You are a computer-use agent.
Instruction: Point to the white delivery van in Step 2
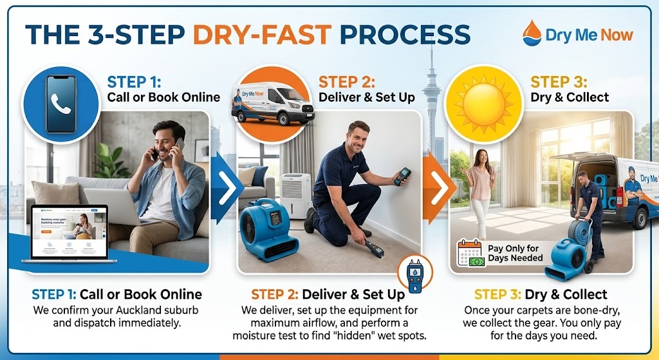[273, 104]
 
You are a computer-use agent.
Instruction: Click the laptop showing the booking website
[69, 232]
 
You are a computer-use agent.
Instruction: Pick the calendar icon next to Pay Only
[470, 253]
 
